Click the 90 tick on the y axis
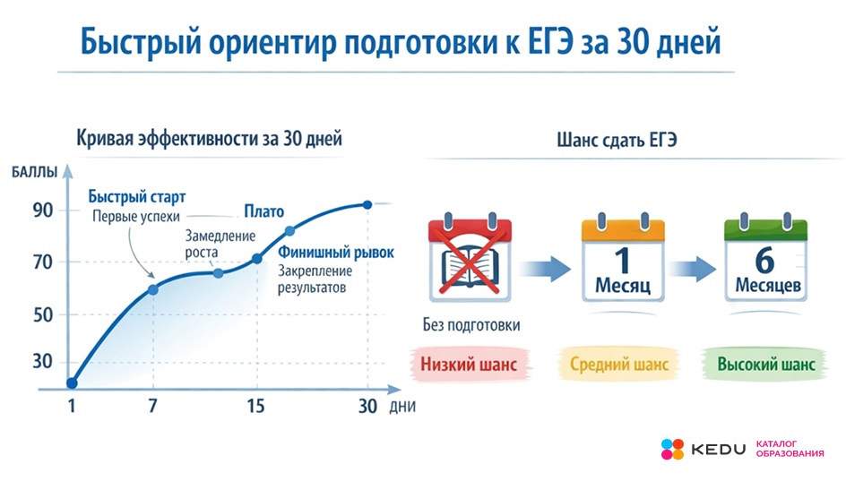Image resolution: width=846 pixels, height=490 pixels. click(43, 211)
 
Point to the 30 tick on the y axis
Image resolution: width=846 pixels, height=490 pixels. click(43, 362)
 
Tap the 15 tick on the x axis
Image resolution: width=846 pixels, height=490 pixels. click(255, 405)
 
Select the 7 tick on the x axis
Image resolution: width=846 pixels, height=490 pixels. click(152, 405)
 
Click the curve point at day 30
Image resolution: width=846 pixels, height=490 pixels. click(367, 204)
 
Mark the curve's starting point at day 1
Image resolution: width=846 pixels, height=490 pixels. click(72, 383)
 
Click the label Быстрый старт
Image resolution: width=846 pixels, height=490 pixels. click(142, 197)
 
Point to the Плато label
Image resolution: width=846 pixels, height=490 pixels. click(264, 211)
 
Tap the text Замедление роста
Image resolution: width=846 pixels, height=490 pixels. click(220, 244)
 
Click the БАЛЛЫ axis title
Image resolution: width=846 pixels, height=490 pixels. click(35, 172)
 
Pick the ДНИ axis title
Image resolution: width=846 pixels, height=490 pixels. click(402, 406)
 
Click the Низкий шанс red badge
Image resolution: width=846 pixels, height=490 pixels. click(470, 365)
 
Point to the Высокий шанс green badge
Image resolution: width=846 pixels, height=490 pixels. click(766, 365)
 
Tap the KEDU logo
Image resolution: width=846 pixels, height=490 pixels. click(704, 449)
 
